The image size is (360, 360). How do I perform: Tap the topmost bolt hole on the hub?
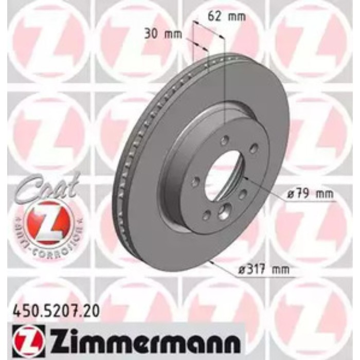pos(224,140)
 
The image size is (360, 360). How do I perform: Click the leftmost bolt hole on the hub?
pos(195,182)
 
